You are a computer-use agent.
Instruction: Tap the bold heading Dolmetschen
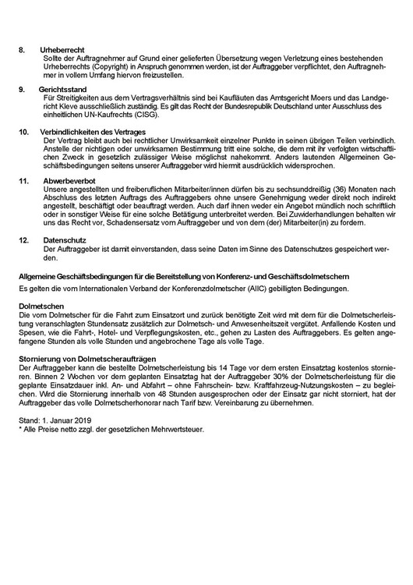(40, 306)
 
